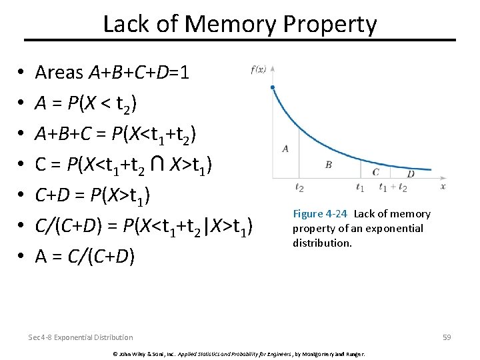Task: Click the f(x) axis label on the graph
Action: [259, 69]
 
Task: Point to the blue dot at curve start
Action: [273, 87]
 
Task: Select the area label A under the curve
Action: [285, 149]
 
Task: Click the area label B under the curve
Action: [328, 164]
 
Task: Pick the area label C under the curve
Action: [376, 172]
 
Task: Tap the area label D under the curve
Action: [410, 174]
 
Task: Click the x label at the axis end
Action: [443, 186]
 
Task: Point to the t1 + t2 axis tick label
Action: [393, 188]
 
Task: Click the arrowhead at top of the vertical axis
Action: [273, 68]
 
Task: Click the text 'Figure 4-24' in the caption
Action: [320, 214]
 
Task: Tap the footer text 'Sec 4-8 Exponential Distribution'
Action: [81, 337]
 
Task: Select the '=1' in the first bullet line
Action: [179, 71]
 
